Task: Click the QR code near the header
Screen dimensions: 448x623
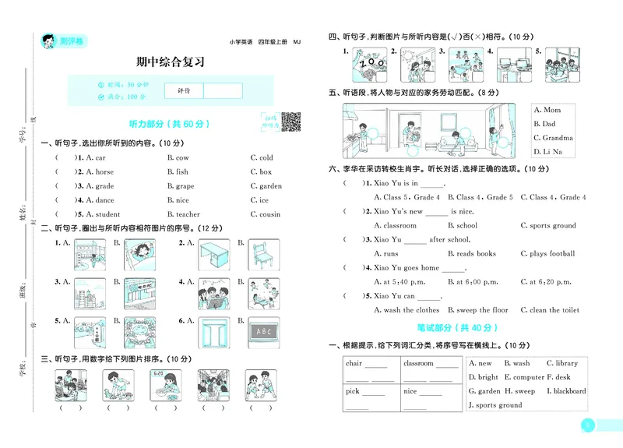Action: tap(290, 122)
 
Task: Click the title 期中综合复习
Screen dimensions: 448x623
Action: tap(170, 63)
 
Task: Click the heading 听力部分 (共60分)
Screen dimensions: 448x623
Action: tap(169, 124)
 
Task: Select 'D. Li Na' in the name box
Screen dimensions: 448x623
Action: tap(547, 151)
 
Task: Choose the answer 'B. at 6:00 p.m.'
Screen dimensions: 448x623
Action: tap(477, 282)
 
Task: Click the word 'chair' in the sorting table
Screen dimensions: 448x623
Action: tap(354, 363)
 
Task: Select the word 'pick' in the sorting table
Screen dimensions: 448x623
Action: tap(353, 391)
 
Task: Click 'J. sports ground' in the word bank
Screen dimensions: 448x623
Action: tap(495, 405)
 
